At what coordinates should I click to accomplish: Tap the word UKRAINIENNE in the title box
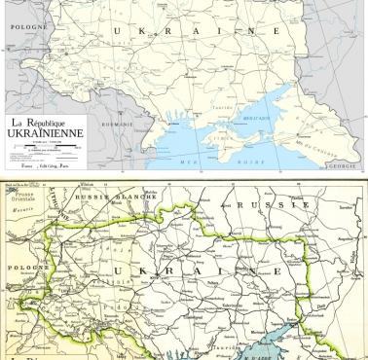[x=44, y=135]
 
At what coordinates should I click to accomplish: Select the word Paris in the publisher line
[x=71, y=167]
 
